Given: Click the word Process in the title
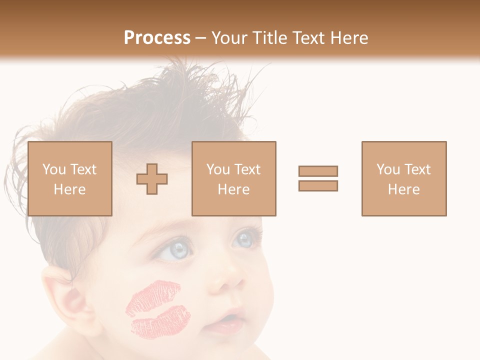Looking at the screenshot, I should tap(157, 38).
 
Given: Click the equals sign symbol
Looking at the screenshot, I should tap(318, 178).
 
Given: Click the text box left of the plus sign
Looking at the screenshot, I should tap(70, 178).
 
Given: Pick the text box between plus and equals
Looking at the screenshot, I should tap(234, 178).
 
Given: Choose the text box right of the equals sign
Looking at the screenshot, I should tap(404, 178).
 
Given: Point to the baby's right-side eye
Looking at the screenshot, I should tap(245, 238).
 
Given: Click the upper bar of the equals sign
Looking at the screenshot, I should tap(318, 171).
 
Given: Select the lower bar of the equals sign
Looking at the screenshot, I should tap(318, 186).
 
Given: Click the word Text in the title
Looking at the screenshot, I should tap(309, 38).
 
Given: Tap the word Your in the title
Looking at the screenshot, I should tap(228, 38).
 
